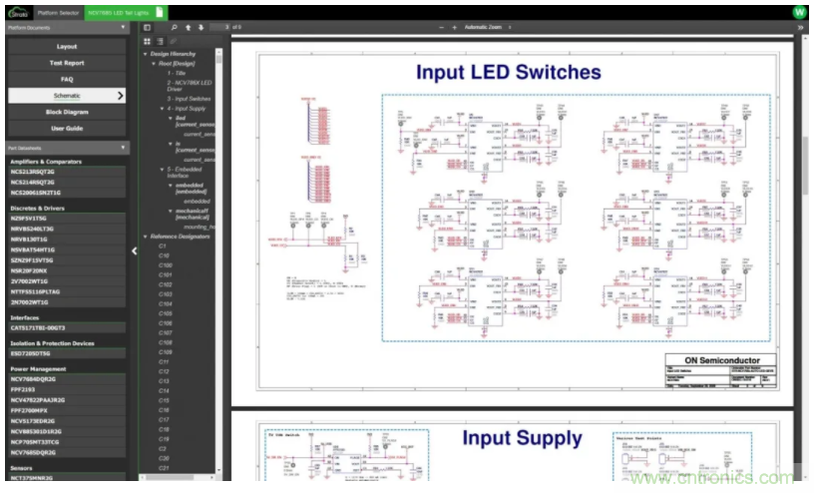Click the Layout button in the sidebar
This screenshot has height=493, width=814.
67,47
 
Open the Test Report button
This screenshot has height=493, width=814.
67,63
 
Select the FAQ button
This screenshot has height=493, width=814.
67,79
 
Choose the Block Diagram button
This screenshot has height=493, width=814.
67,112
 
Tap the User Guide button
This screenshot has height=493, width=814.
67,128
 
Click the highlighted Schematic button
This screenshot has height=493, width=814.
67,96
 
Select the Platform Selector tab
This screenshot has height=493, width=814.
58,12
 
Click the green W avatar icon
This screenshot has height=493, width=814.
799,12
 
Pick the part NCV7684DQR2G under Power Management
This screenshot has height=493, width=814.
36,379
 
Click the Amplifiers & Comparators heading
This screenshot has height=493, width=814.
46,161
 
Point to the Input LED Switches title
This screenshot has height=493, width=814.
508,72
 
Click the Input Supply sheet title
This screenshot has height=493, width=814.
522,438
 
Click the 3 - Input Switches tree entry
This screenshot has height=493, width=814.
189,99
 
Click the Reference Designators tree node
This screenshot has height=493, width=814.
180,237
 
